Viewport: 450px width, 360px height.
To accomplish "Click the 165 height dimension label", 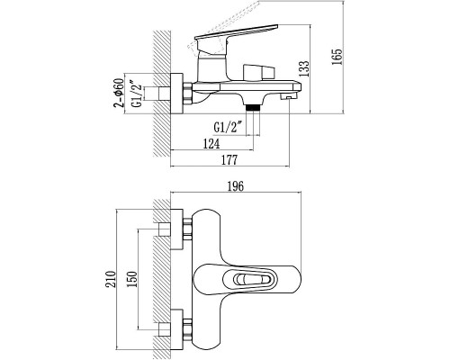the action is coord(337,57).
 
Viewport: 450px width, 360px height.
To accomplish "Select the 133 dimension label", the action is coord(304,68).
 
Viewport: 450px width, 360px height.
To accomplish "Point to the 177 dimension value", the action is coord(229,160).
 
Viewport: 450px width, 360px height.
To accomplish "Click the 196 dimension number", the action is coord(236,186).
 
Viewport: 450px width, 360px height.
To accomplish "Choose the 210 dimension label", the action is coord(111,279).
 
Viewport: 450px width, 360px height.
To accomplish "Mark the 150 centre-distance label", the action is coord(131,279).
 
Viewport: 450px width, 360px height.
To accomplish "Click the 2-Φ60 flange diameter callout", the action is coord(119,93).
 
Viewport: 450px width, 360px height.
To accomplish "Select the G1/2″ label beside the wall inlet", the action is coord(137,94).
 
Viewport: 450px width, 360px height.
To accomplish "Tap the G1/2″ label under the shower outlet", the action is coord(228,127).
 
